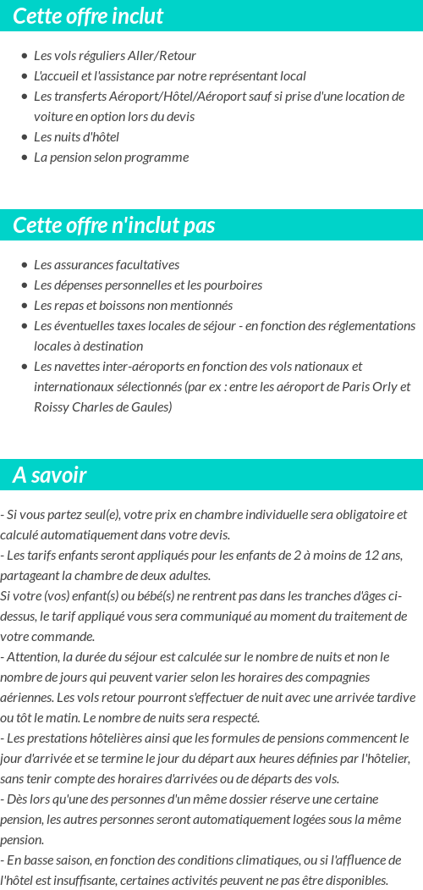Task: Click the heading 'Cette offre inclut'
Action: [88, 16]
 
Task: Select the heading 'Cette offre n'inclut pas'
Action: [114, 225]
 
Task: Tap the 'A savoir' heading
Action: [50, 475]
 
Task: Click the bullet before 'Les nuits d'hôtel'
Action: [24, 137]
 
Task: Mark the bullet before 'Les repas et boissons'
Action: [24, 306]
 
